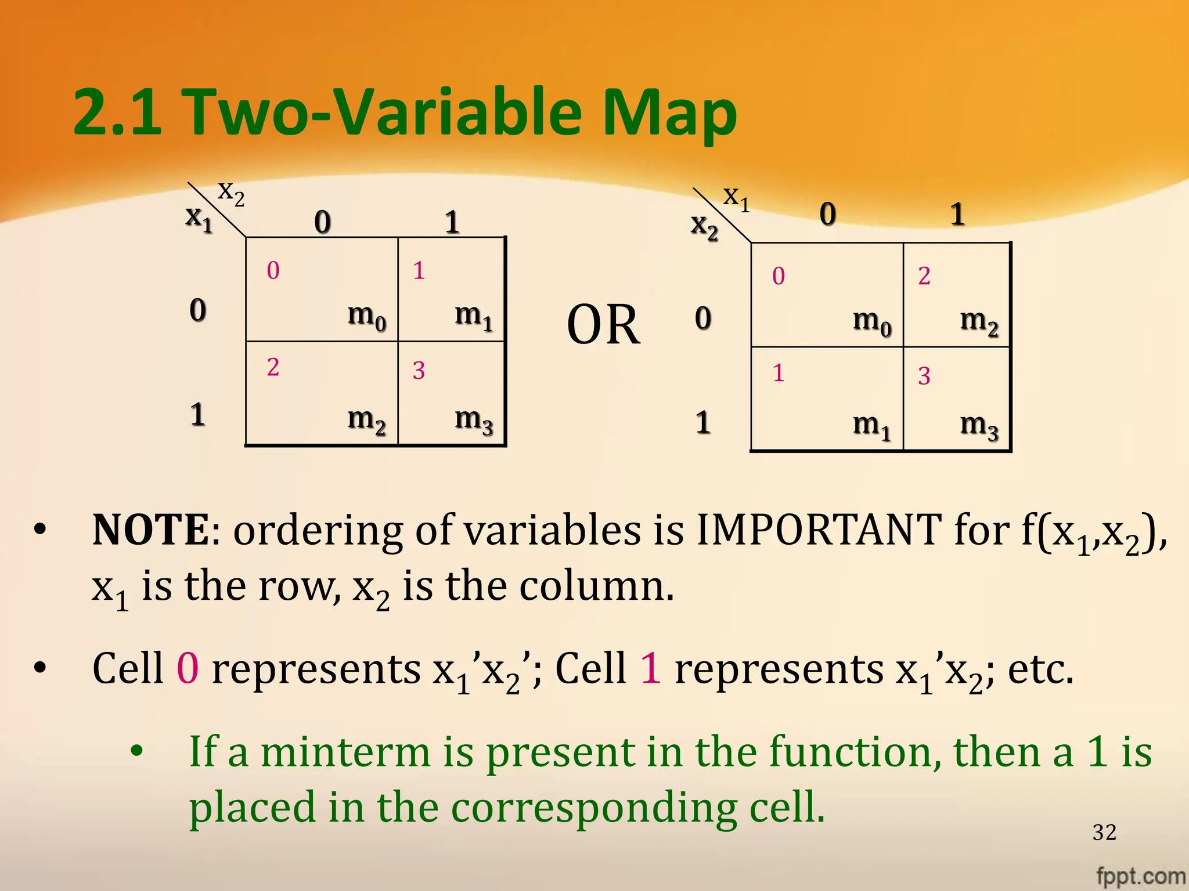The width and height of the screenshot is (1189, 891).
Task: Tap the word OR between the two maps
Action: coord(603,325)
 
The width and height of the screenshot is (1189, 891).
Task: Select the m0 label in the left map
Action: coord(366,316)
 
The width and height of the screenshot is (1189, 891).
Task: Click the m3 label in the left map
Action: coord(474,419)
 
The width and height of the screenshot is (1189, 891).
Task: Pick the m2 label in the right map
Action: coord(979,321)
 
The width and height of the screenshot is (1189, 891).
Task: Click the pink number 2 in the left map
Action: coord(273,367)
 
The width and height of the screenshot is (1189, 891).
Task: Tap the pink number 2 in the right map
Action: coord(924,276)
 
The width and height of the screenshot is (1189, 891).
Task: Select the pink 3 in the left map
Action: coord(419,371)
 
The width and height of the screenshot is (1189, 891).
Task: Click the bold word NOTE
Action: coord(150,530)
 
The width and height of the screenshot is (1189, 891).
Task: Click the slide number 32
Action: coord(1104,832)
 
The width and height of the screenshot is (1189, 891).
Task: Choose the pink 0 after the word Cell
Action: coord(188,668)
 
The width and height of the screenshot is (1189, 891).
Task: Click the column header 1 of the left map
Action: coord(452,222)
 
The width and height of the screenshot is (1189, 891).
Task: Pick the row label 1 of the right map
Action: coord(703,422)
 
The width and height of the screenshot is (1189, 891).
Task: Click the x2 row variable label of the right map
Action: coord(704,225)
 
